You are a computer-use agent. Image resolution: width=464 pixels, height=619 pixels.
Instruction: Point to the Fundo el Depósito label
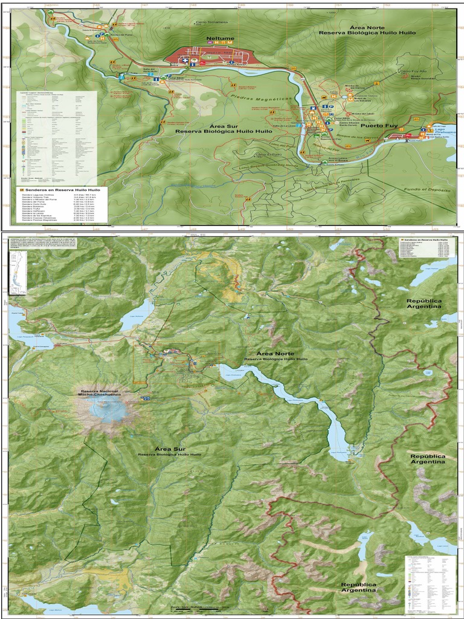pos(426,190)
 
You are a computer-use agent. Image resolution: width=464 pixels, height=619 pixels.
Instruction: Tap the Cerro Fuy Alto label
pos(413,71)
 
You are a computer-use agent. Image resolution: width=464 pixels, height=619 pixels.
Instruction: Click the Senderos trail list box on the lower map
pos(426,247)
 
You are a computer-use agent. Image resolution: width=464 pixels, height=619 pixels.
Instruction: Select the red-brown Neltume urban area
pos(211,58)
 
